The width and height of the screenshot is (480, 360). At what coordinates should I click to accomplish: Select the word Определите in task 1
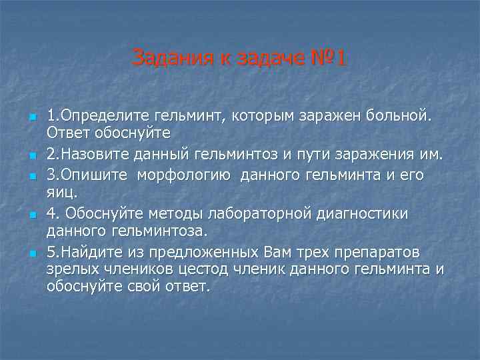point(100,117)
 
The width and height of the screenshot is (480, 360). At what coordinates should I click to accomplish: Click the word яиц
point(62,193)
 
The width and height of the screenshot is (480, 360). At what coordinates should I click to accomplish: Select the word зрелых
point(72,269)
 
